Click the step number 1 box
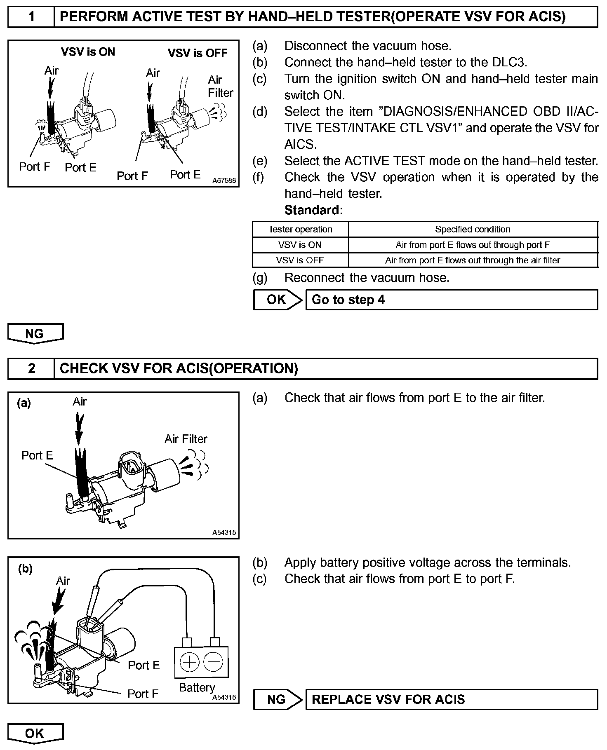pyautogui.click(x=31, y=17)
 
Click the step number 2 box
pyautogui.click(x=31, y=368)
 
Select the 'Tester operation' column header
pyautogui.click(x=300, y=229)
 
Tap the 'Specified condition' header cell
pyautogui.click(x=473, y=229)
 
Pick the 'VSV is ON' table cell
pyautogui.click(x=300, y=245)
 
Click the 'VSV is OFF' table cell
pyautogui.click(x=300, y=260)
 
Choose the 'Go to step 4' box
pyautogui.click(x=452, y=300)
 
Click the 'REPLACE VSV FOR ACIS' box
pyautogui.click(x=452, y=699)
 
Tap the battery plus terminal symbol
pyautogui.click(x=190, y=662)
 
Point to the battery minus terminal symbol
pyautogui.click(x=214, y=662)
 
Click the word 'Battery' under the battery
pyautogui.click(x=197, y=687)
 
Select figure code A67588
pyautogui.click(x=224, y=180)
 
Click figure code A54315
pyautogui.click(x=224, y=532)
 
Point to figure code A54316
pyautogui.click(x=224, y=697)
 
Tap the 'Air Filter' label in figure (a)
pyautogui.click(x=186, y=439)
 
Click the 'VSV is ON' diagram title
pyautogui.click(x=88, y=52)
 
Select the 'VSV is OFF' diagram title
pyautogui.click(x=198, y=53)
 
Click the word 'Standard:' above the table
pyautogui.click(x=313, y=210)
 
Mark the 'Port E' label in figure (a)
pyautogui.click(x=37, y=455)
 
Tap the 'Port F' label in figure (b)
pyautogui.click(x=143, y=694)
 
